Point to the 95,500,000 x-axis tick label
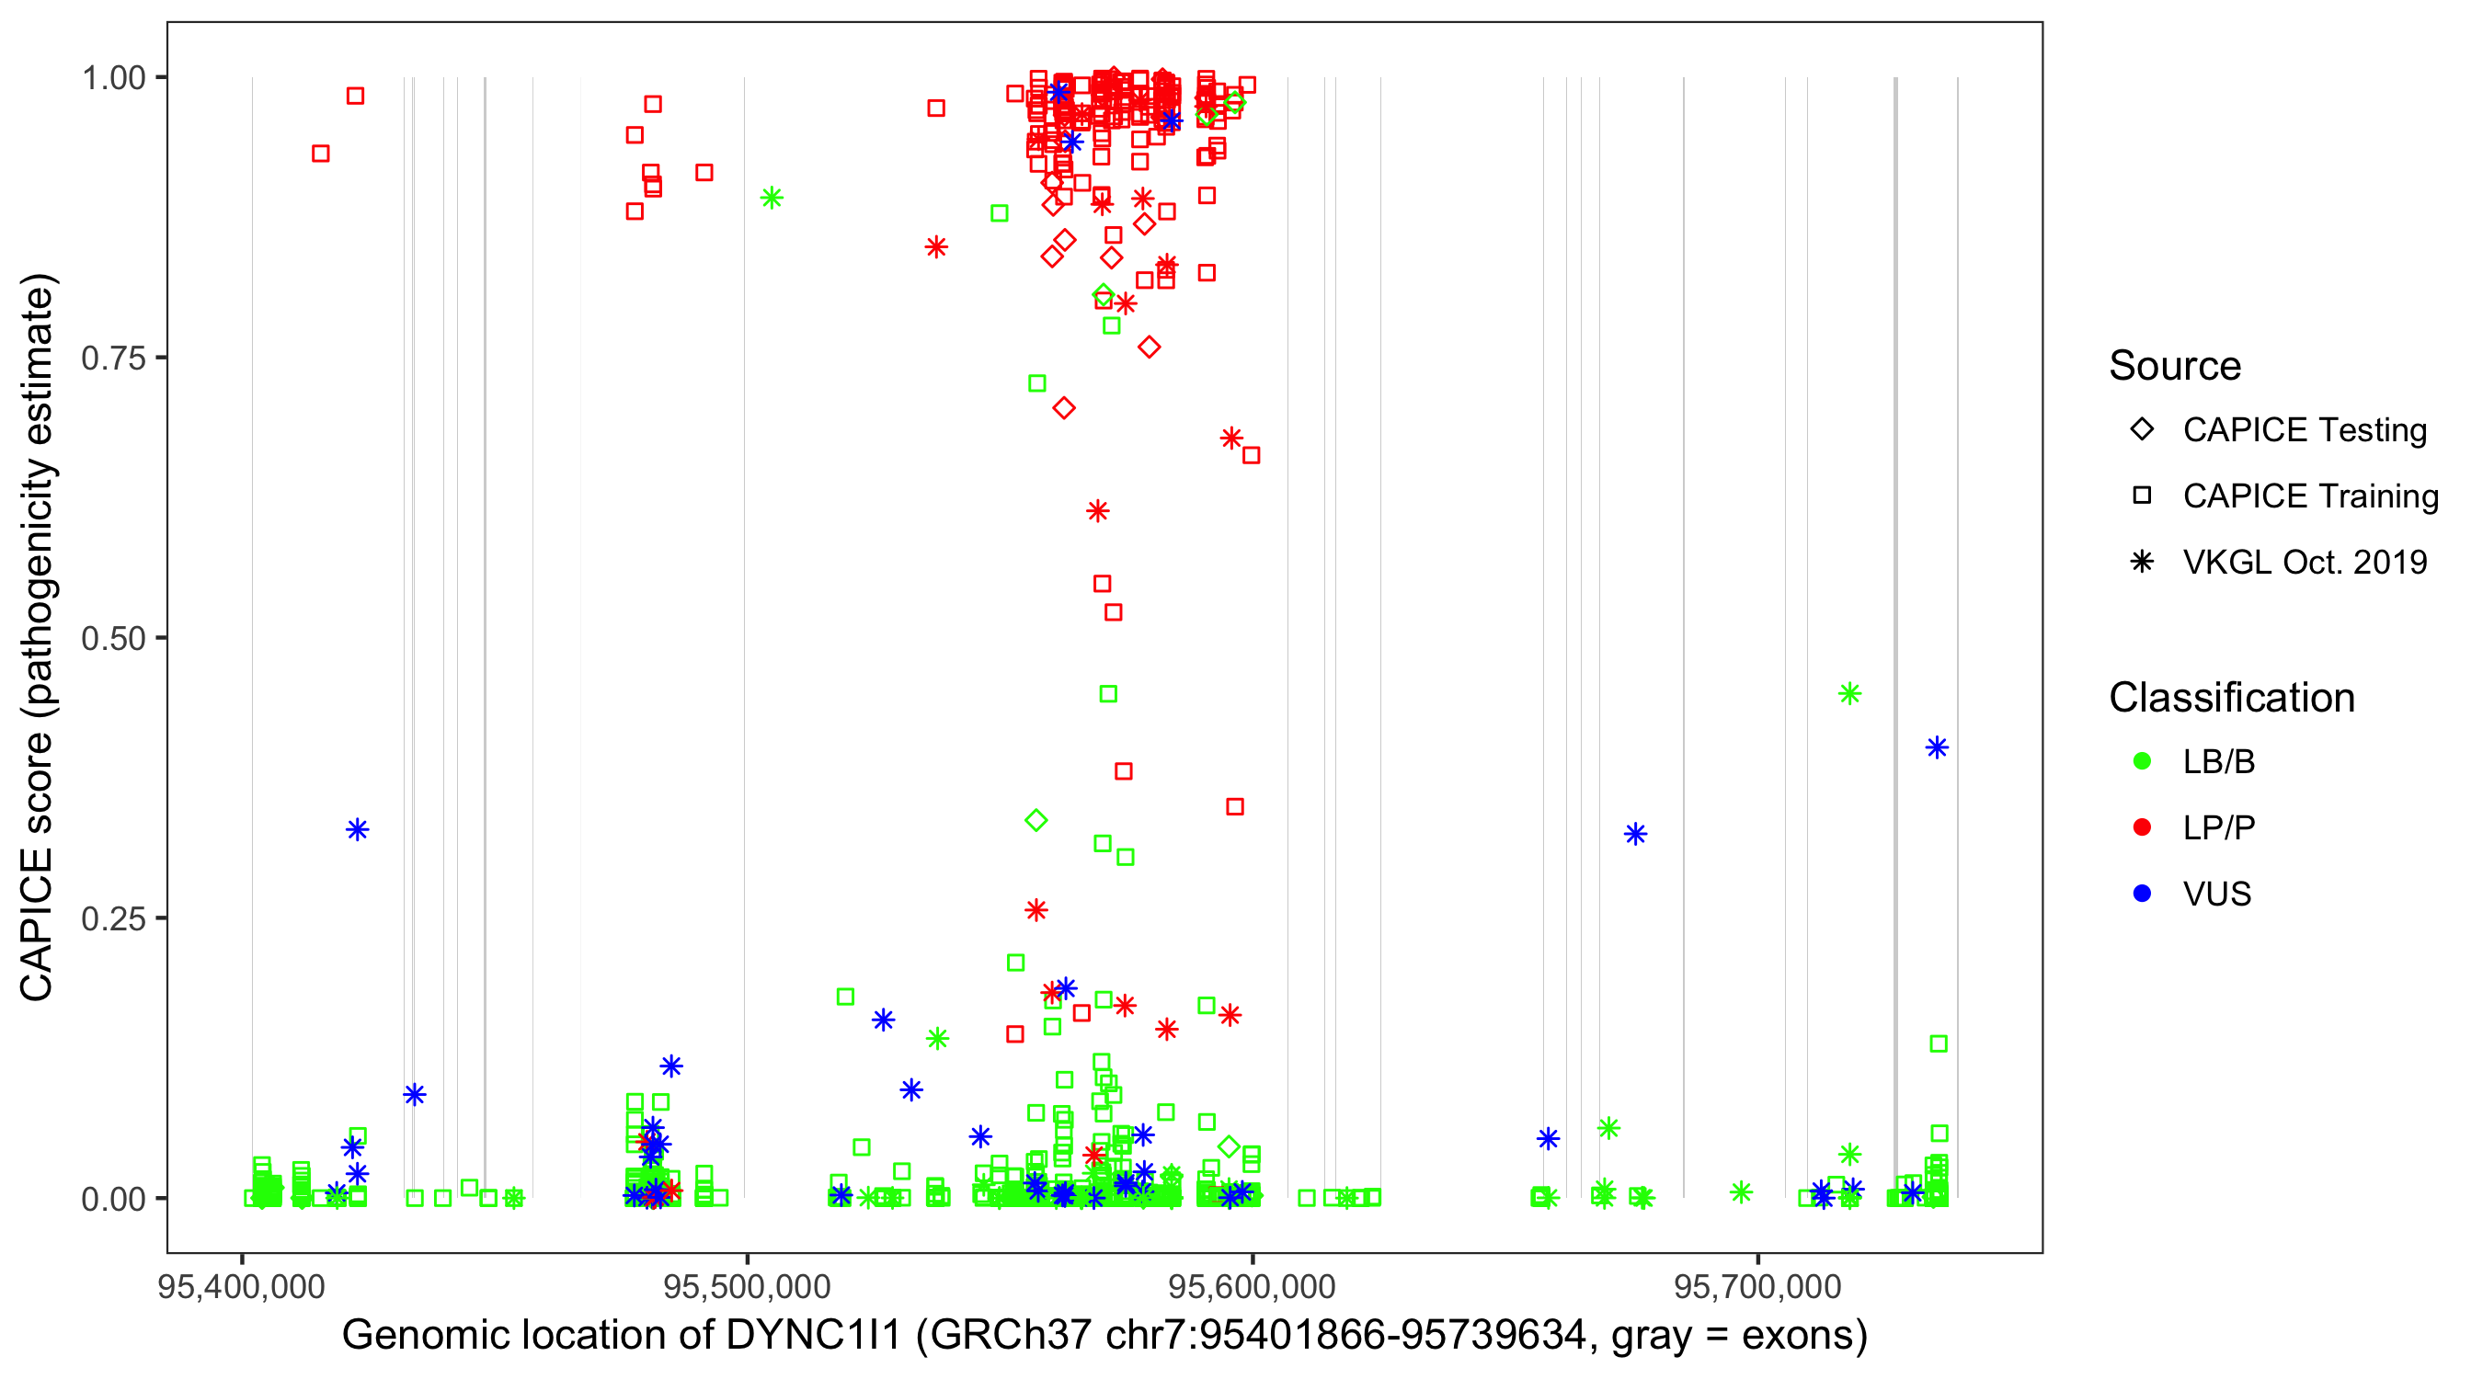[x=746, y=1286]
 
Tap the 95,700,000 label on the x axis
[x=1757, y=1286]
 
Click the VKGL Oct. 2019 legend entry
[x=2304, y=562]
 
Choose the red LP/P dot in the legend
[x=2142, y=827]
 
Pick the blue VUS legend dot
[x=2142, y=894]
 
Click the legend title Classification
[x=2230, y=698]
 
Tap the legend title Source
[x=2175, y=366]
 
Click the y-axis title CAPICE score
[x=39, y=637]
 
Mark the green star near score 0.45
[x=1848, y=694]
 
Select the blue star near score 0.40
[x=1937, y=747]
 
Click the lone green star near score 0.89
[x=772, y=199]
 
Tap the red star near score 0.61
[x=1098, y=511]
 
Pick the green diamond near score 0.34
[x=1036, y=820]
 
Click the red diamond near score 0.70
[x=1064, y=408]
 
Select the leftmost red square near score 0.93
[x=321, y=154]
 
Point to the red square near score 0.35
[x=1235, y=806]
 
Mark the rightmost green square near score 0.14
[x=1939, y=1043]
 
